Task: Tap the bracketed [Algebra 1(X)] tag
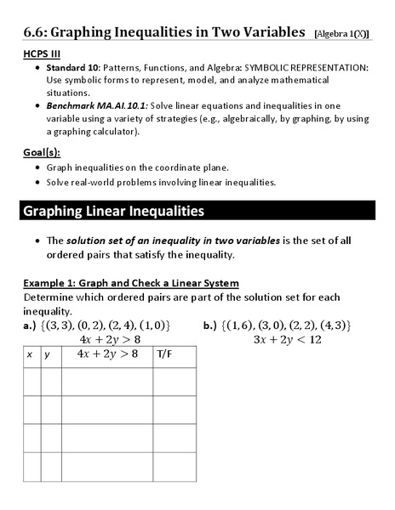(x=341, y=33)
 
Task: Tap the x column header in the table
(x=31, y=354)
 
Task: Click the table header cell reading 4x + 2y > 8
(x=106, y=354)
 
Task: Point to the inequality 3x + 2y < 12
(x=287, y=339)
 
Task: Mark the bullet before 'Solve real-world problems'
(x=38, y=182)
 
